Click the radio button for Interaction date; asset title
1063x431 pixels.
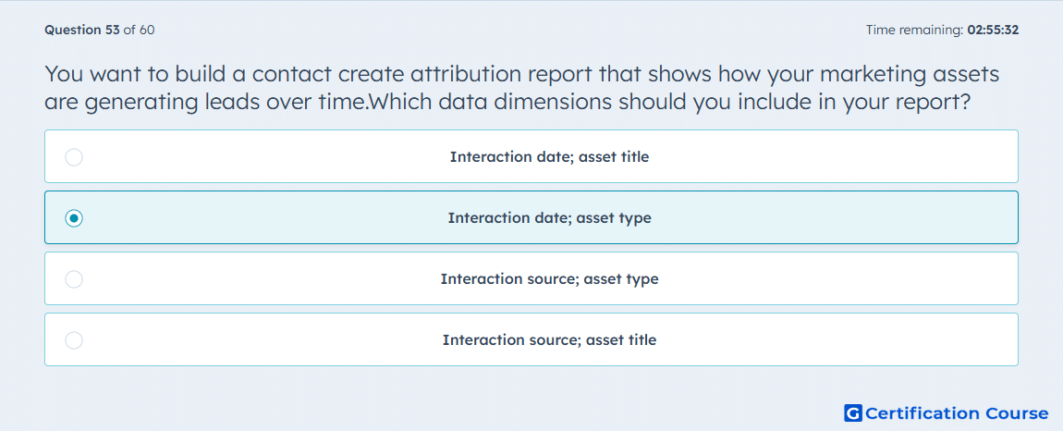[x=74, y=157]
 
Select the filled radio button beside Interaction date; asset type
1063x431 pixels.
[x=74, y=218]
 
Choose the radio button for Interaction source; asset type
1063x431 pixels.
[x=74, y=279]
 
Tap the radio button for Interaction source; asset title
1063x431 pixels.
[x=74, y=340]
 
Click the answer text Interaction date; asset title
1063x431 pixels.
[x=549, y=157]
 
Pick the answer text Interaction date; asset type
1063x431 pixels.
[x=549, y=218]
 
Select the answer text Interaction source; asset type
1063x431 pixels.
[x=549, y=279]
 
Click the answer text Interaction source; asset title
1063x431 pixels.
[x=549, y=340]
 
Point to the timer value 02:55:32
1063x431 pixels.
[x=993, y=30]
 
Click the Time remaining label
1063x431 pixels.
[x=914, y=30]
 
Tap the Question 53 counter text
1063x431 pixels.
[x=82, y=30]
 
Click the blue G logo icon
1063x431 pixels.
[x=853, y=413]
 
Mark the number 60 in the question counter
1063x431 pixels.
[x=147, y=30]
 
